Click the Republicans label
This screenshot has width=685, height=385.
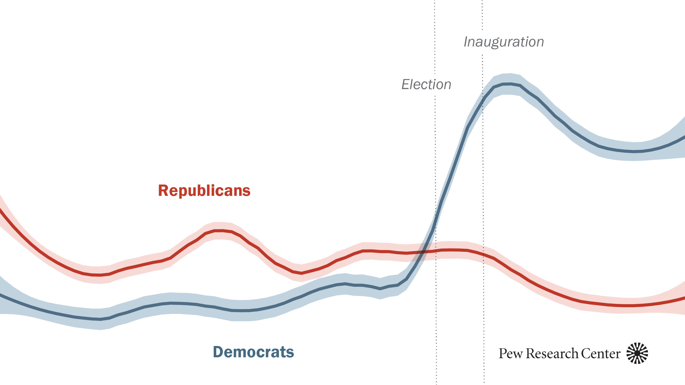[204, 190]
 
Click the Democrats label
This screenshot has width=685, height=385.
[254, 352]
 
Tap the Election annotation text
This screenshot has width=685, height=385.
[426, 84]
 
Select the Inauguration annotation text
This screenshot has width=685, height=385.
[504, 42]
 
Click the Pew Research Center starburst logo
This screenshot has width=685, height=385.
[637, 353]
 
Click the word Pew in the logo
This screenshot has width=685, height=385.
[511, 354]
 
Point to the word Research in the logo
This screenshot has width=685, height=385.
[552, 354]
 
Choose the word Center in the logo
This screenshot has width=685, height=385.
[601, 354]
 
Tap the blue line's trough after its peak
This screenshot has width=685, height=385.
[634, 151]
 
